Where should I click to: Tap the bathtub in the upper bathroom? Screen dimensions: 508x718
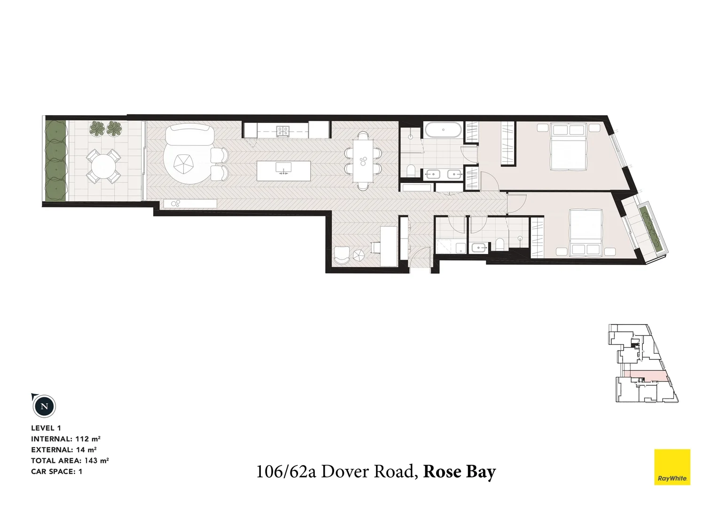coord(443,130)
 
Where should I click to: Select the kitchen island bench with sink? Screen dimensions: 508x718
coord(284,168)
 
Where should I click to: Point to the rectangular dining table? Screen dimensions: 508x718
coord(363,160)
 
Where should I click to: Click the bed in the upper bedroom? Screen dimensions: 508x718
coord(569,146)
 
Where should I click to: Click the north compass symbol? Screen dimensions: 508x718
coord(44,406)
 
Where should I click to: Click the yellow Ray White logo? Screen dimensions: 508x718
coord(672,467)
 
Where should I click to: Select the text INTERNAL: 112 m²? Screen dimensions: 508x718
coord(66,439)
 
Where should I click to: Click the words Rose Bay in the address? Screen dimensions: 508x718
coord(459,471)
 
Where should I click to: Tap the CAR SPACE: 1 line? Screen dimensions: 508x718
coord(56,471)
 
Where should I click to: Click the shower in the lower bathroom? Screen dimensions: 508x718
coord(444,246)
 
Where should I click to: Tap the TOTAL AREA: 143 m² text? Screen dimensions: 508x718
coord(70,460)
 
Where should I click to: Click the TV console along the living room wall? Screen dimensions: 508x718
coord(190,204)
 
